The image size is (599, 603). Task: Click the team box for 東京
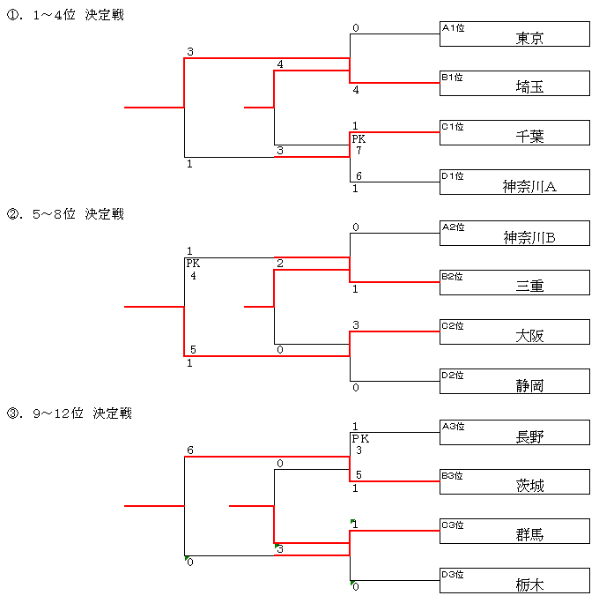514,34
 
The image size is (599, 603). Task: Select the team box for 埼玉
514,84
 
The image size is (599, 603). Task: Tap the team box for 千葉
514,133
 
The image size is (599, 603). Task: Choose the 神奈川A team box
514,182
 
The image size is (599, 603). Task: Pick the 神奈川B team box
514,234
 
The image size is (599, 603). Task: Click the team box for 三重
514,283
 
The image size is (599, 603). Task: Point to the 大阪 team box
514,332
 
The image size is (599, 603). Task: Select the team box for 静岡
514,382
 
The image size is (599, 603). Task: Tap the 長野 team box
514,433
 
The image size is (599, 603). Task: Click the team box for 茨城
514,482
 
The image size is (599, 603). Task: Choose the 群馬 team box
514,532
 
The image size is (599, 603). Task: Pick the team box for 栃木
514,581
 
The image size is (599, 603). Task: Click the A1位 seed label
453,28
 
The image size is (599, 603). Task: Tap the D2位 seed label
453,376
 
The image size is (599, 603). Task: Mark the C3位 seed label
453,525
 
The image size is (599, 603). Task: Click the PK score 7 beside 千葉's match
359,151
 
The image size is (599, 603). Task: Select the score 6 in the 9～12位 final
189,450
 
